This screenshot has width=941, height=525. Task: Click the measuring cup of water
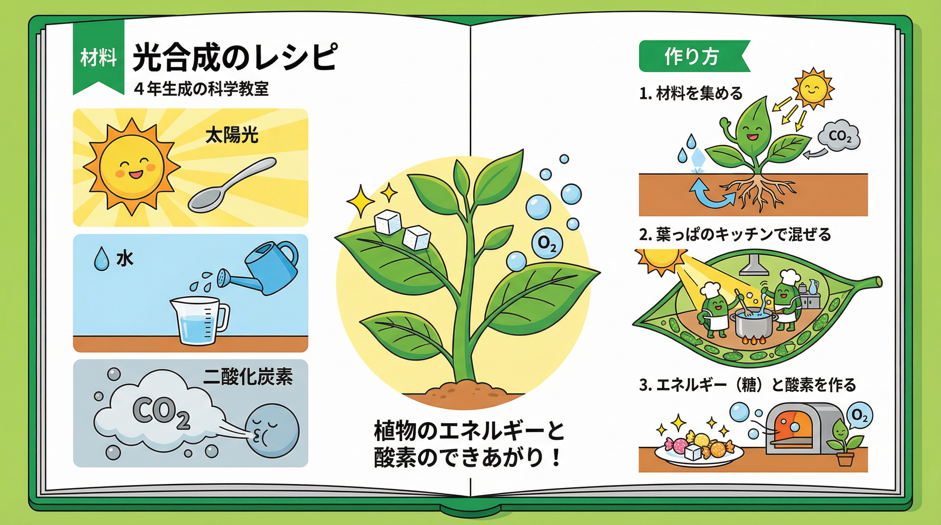[200, 321]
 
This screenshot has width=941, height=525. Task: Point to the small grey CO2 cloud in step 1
[839, 135]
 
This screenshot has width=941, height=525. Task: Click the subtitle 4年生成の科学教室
[202, 89]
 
